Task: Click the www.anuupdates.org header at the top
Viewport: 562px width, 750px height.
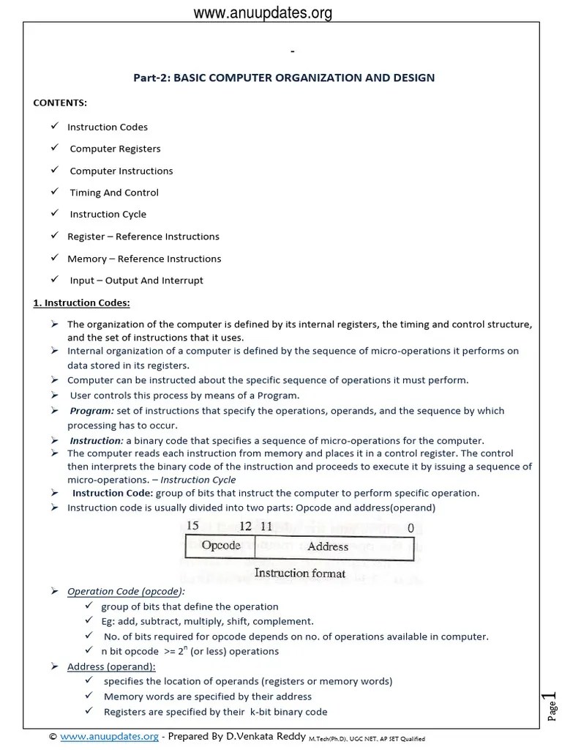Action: (x=263, y=12)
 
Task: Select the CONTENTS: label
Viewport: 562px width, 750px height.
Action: (x=60, y=103)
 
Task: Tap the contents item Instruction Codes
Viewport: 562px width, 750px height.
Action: (x=108, y=127)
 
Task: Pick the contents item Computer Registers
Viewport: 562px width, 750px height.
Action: (x=115, y=149)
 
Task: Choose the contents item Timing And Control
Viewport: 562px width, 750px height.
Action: (x=114, y=193)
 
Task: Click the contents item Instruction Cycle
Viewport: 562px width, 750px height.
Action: (x=108, y=215)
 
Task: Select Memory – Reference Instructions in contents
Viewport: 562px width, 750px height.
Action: (x=144, y=259)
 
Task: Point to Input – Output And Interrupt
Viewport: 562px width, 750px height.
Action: (x=136, y=281)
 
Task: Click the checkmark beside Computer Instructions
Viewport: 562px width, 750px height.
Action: (x=54, y=170)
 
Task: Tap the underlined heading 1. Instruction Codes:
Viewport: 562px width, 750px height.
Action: (x=82, y=302)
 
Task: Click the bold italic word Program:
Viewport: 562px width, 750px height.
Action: (x=91, y=411)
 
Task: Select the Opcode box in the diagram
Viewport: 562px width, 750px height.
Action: (x=220, y=546)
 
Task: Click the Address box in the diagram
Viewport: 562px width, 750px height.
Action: (x=328, y=546)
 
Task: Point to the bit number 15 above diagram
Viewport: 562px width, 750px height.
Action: (x=193, y=526)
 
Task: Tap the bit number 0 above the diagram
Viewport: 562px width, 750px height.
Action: (x=410, y=527)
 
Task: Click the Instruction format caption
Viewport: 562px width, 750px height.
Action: (x=299, y=573)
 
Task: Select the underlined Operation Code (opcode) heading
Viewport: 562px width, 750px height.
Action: (x=126, y=591)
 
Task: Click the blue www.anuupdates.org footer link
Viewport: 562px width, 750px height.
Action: (x=109, y=737)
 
